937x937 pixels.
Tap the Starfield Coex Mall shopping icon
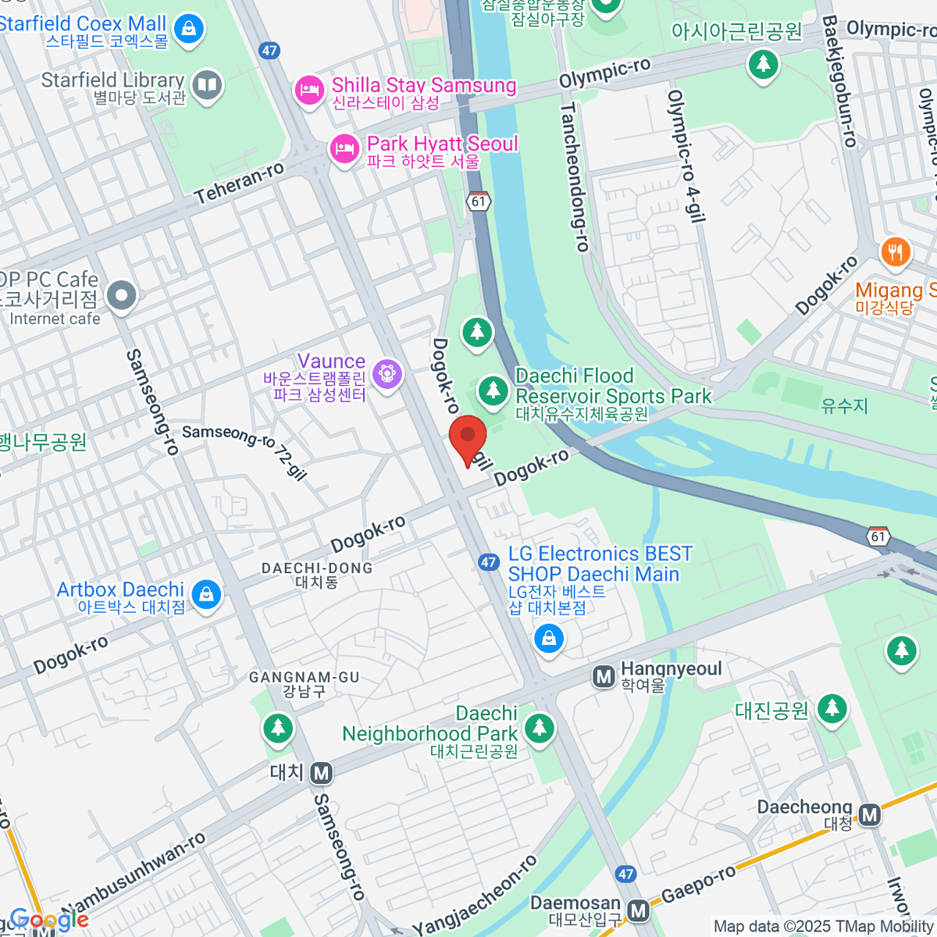tap(187, 30)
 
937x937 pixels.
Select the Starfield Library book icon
tap(207, 86)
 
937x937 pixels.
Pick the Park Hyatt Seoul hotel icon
tap(344, 148)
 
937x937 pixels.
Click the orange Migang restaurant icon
tap(895, 252)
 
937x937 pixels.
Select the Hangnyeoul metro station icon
tap(604, 676)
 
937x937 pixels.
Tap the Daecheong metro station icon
tap(870, 815)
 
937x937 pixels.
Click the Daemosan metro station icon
tap(639, 910)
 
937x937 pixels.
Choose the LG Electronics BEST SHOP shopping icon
tap(549, 640)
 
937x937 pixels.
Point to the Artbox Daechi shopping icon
tap(206, 595)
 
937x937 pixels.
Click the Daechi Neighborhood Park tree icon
tap(539, 728)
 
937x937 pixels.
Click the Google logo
tap(48, 920)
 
